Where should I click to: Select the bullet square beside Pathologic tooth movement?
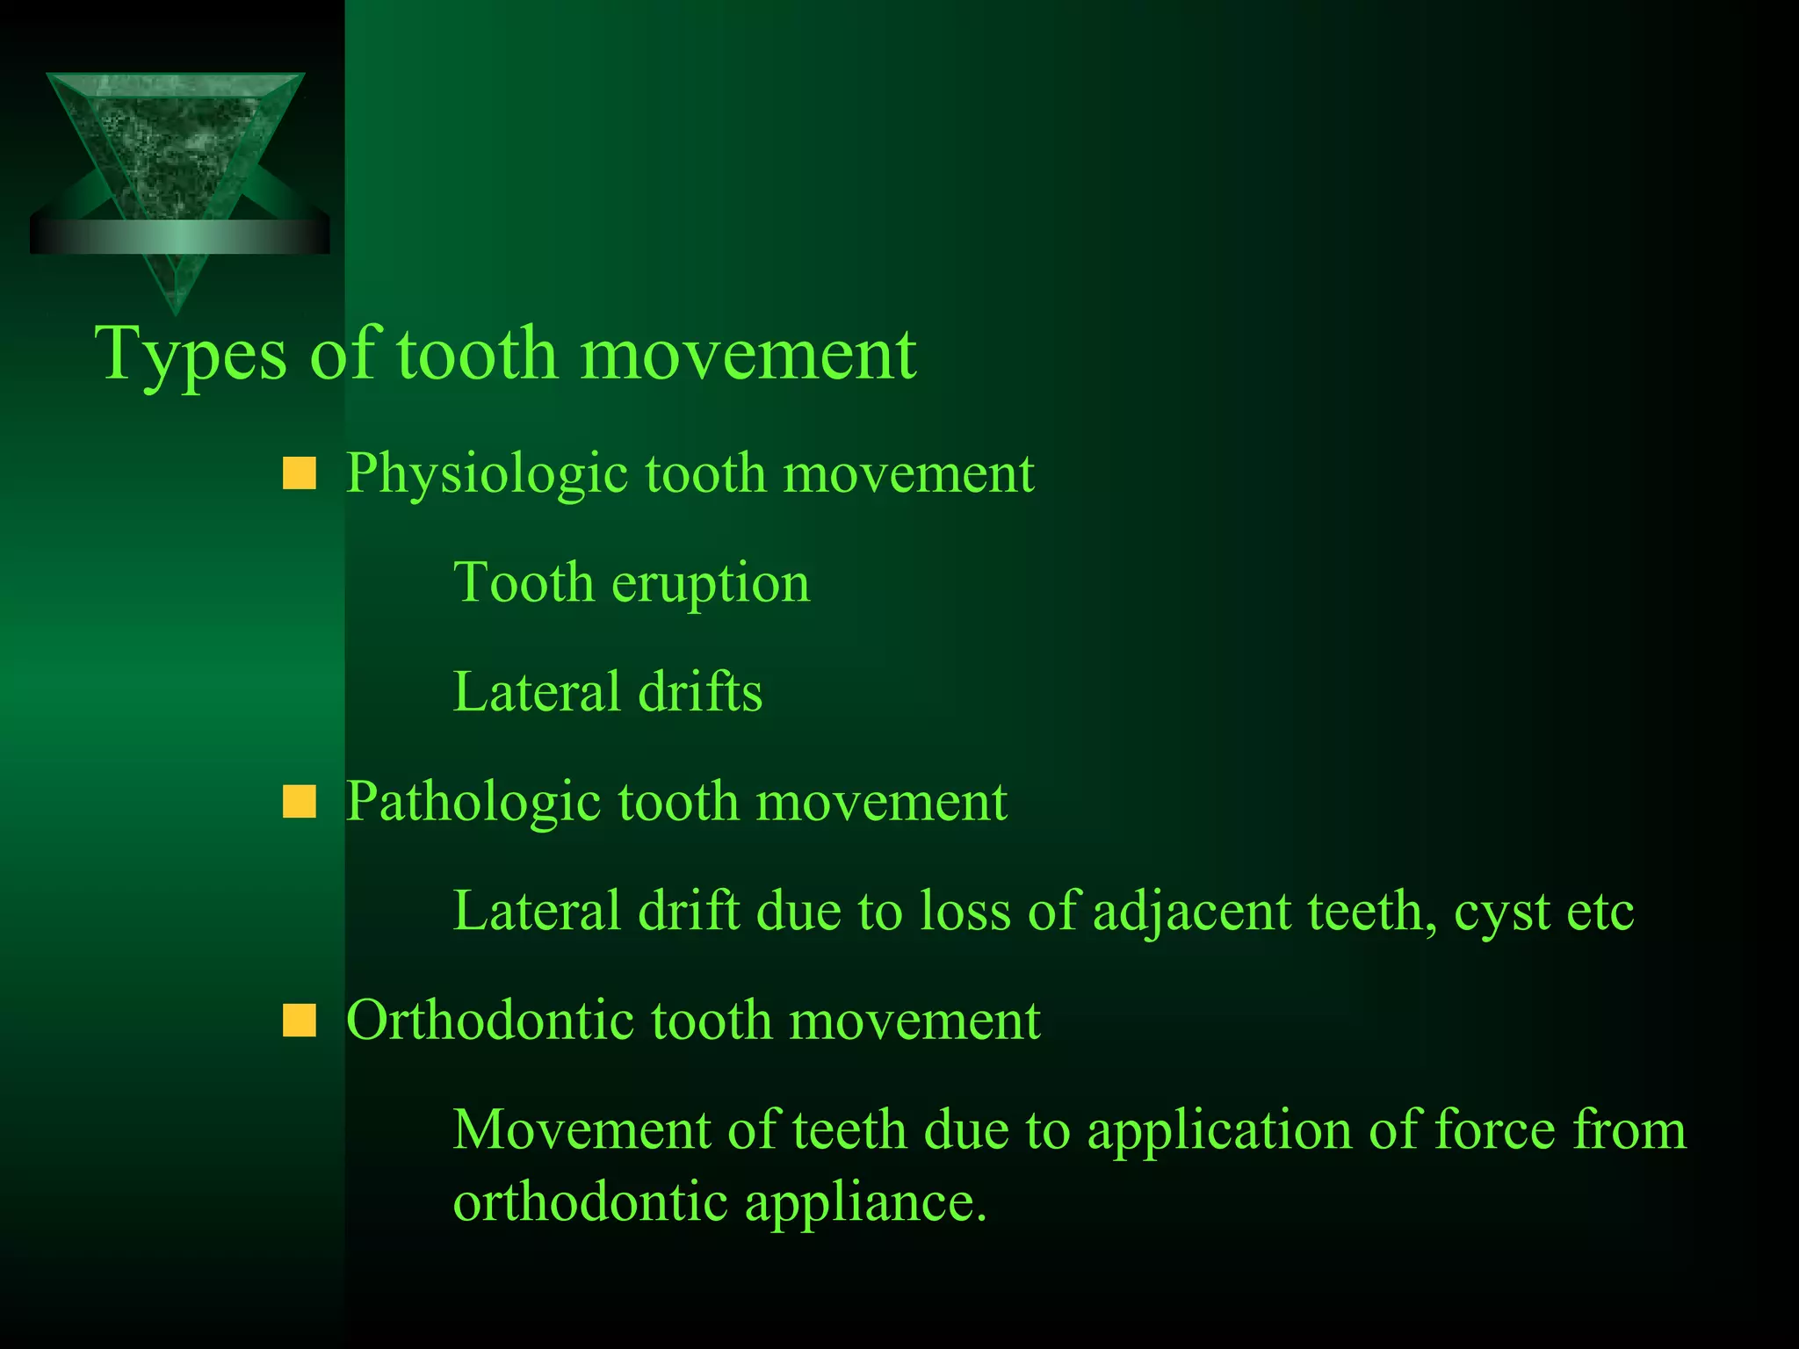pos(299,802)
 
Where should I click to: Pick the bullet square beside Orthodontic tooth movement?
pos(299,1021)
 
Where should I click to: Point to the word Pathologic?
pos(473,803)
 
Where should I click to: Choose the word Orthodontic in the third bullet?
pos(490,1021)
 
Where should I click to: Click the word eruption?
pos(711,584)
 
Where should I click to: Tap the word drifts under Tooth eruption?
pos(700,692)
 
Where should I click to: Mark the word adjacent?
pos(1191,912)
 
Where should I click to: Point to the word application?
pos(1219,1131)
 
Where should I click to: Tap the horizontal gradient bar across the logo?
pos(179,237)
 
